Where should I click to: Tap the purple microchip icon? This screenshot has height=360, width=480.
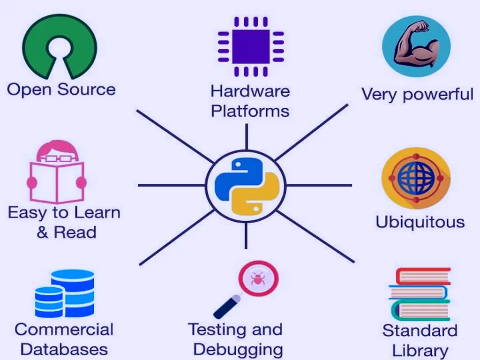pos(251,46)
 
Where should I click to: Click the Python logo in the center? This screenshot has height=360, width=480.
pos(246,186)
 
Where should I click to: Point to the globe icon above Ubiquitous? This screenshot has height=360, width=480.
pos(416,178)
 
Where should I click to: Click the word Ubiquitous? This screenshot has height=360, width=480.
pos(420,222)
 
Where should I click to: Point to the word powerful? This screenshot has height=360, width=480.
pos(438,94)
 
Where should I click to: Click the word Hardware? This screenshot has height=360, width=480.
pos(250,90)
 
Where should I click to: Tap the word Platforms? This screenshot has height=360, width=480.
pos(250,111)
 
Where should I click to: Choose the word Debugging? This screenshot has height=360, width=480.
pos(238,350)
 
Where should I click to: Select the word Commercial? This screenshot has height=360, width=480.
pos(64,330)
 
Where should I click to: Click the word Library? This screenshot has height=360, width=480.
pos(420,351)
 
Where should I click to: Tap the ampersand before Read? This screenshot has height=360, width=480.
pos(43,232)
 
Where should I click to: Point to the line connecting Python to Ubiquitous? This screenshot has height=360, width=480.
pos(319,186)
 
